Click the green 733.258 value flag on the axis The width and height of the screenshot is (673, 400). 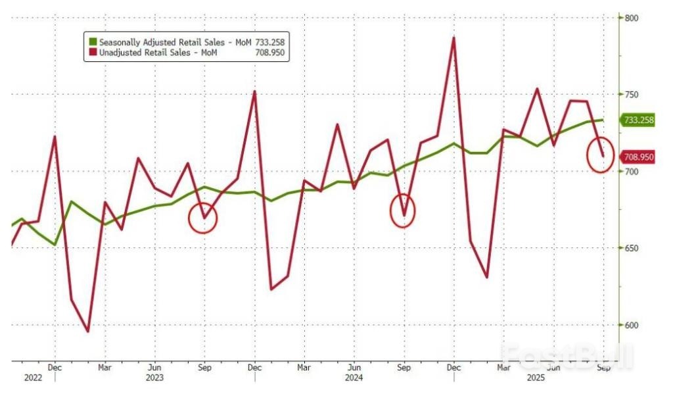coord(638,120)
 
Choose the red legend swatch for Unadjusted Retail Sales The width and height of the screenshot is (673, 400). coord(93,53)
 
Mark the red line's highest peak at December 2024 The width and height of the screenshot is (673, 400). coord(453,37)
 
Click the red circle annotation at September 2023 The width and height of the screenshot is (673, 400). coord(202,218)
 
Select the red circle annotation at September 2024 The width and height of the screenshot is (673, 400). coord(404,212)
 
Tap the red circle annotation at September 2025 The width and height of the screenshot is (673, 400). coord(600,155)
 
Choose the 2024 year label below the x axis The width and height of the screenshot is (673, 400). coord(354,378)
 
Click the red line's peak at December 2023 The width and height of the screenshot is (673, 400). coord(254,91)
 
